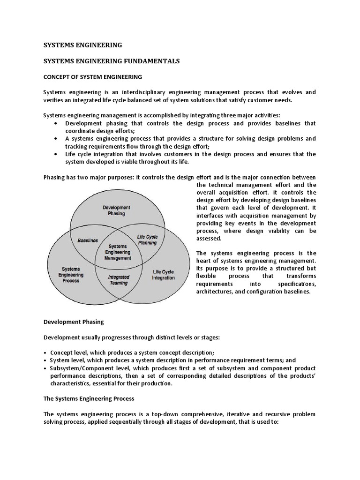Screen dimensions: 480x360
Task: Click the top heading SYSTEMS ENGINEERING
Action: tap(82, 45)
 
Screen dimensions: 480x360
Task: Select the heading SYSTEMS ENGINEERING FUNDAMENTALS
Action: tap(112, 61)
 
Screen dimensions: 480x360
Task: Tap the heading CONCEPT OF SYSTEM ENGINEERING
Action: tap(93, 76)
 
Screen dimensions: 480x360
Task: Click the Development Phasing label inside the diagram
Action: tap(116, 210)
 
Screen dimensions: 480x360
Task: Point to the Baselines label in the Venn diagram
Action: tap(88, 240)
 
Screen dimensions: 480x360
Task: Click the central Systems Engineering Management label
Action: tap(118, 252)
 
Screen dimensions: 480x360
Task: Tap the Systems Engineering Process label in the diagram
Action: tap(71, 275)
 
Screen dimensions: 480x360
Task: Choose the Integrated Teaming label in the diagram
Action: tap(119, 280)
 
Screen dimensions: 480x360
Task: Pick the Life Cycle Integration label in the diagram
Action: tap(163, 275)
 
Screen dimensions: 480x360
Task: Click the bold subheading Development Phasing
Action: tap(74, 322)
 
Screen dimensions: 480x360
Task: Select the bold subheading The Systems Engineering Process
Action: tap(89, 398)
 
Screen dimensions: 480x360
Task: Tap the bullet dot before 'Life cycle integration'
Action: tap(56, 154)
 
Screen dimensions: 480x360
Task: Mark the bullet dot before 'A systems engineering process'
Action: tap(56, 139)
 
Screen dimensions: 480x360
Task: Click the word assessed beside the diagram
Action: tap(209, 238)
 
